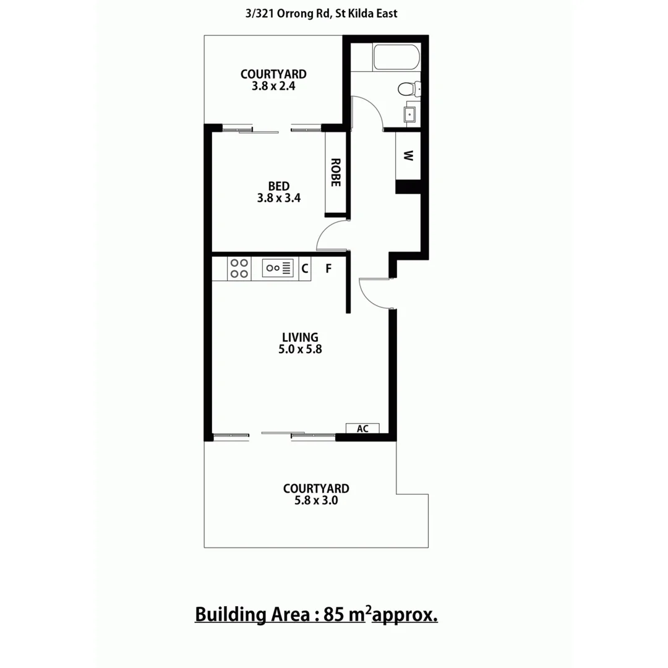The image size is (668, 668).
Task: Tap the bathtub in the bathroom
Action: click(x=396, y=58)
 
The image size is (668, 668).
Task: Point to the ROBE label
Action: click(x=335, y=173)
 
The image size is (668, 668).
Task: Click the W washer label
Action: click(x=408, y=156)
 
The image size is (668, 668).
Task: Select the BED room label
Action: click(x=279, y=186)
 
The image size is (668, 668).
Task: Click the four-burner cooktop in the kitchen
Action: click(x=239, y=268)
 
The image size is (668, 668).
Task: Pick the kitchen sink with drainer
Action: click(x=279, y=268)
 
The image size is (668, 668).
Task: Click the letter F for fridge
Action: click(x=329, y=268)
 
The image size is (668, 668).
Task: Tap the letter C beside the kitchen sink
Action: click(x=304, y=268)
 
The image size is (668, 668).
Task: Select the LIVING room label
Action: click(x=300, y=337)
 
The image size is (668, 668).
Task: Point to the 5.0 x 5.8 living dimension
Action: click(x=300, y=349)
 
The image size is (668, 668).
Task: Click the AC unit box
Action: click(x=362, y=429)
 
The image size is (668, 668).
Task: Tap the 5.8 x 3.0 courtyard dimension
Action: click(x=316, y=500)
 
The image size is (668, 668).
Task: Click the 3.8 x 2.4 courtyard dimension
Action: click(x=273, y=87)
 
